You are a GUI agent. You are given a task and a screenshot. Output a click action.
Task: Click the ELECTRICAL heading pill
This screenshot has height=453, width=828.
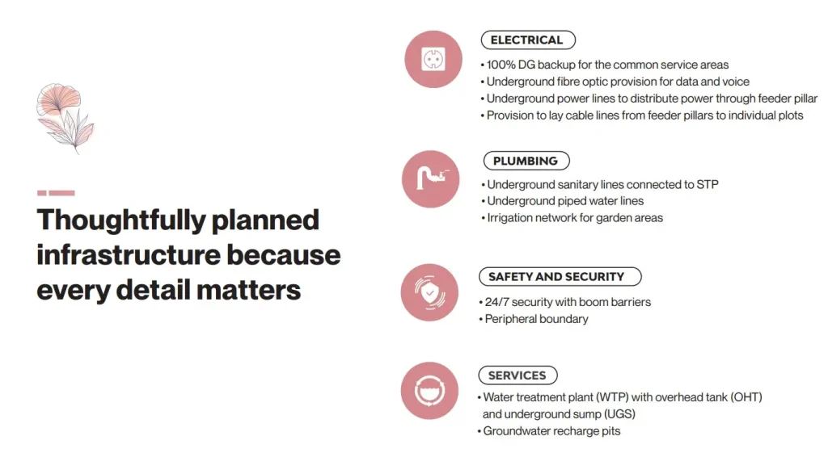click(526, 40)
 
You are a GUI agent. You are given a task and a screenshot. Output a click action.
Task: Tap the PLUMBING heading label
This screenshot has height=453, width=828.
click(525, 161)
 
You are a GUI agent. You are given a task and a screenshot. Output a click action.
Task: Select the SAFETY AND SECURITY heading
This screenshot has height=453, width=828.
click(556, 276)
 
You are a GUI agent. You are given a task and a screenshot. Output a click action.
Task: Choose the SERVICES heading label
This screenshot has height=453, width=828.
click(517, 375)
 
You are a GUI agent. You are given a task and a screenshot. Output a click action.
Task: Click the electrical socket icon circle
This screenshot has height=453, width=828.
click(433, 59)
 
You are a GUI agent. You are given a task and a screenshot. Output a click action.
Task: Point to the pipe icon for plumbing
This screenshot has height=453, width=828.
click(431, 178)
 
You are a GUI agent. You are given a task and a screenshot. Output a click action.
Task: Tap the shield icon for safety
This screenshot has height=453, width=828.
click(430, 292)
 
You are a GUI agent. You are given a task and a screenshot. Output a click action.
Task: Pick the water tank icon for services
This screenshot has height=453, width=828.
click(430, 390)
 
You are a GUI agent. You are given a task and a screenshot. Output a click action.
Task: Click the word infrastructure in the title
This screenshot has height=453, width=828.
click(127, 255)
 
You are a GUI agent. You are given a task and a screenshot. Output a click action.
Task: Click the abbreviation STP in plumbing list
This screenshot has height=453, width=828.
click(707, 184)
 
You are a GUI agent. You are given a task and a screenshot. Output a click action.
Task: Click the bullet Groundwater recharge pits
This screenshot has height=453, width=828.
click(551, 431)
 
